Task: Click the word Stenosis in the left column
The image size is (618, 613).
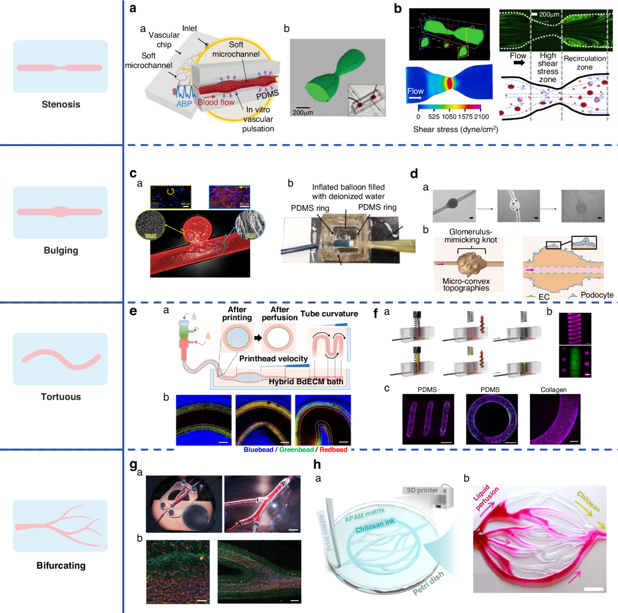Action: [61, 105]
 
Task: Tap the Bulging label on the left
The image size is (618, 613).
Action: [61, 251]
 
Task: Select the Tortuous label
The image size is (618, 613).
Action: [61, 397]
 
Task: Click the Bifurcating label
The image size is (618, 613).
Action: [61, 566]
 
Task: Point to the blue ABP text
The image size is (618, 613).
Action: [184, 104]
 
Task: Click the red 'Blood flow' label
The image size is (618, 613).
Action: [216, 103]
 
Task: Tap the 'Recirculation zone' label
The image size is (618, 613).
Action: [585, 63]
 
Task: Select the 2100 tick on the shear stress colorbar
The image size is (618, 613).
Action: [482, 117]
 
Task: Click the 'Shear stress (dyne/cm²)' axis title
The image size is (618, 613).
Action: [455, 129]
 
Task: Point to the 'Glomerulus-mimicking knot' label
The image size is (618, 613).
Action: [470, 236]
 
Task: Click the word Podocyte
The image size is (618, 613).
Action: [597, 295]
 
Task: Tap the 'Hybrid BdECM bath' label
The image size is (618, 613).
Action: [306, 382]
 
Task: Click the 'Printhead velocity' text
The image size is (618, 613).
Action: [273, 359]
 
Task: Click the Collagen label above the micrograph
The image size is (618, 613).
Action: [554, 390]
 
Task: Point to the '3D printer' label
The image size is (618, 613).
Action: [422, 490]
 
